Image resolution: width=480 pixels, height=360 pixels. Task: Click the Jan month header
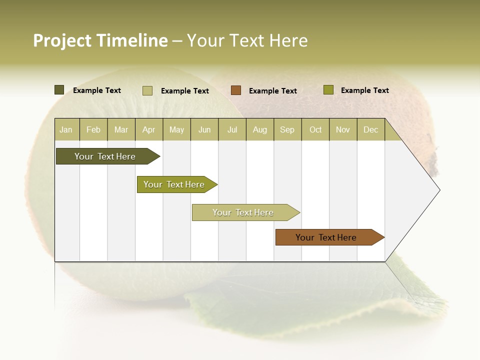(66, 129)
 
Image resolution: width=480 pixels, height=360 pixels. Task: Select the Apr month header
(149, 129)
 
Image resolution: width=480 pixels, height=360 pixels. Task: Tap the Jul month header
(232, 129)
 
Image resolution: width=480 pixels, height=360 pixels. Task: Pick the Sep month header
(287, 129)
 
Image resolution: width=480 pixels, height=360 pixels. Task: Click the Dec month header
(370, 129)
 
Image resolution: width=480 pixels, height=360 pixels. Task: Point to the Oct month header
(315, 129)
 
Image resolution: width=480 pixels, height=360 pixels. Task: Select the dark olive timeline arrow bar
(105, 156)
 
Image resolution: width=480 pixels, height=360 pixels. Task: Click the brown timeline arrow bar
(326, 237)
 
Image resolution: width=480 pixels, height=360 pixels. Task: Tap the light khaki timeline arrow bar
(243, 212)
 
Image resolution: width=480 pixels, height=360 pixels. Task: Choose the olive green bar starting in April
(174, 184)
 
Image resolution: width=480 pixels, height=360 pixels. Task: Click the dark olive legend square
(59, 90)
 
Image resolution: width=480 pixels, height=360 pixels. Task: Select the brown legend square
(236, 90)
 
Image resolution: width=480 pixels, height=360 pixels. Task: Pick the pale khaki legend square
(147, 90)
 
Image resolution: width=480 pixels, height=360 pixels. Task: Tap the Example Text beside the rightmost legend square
(364, 90)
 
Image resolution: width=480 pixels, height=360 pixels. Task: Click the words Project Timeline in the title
(100, 40)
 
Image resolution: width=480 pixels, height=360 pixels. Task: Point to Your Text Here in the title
(247, 40)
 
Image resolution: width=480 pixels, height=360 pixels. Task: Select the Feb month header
(93, 129)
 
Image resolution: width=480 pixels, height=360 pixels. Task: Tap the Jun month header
(204, 129)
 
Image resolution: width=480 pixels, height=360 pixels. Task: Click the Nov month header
(342, 129)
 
